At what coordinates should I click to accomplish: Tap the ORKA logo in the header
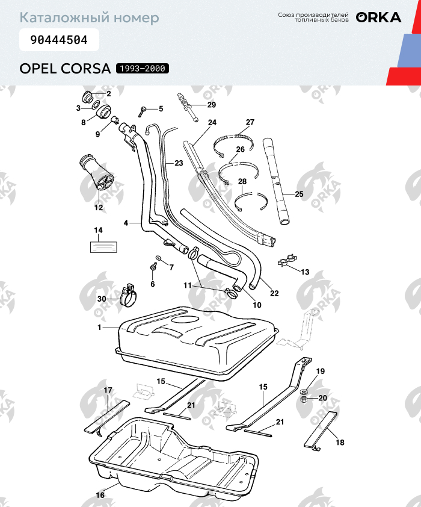pos(378,17)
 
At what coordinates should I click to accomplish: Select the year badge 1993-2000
pos(143,68)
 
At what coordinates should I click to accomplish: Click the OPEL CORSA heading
pos(65,68)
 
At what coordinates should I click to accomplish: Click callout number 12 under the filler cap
pos(98,208)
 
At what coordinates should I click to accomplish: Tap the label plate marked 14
pos(103,246)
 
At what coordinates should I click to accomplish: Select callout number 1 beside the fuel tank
pos(99,327)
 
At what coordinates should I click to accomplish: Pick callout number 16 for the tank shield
pos(100,495)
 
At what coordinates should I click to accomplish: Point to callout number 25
pos(299,194)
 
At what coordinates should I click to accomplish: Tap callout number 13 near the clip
pos(305,272)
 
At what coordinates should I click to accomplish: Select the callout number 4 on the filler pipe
pos(126,223)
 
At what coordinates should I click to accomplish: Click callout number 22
pos(274,293)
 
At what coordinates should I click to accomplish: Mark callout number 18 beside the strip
pos(340,443)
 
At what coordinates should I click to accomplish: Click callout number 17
pos(108,391)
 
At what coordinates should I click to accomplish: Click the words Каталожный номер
pos(89,17)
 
